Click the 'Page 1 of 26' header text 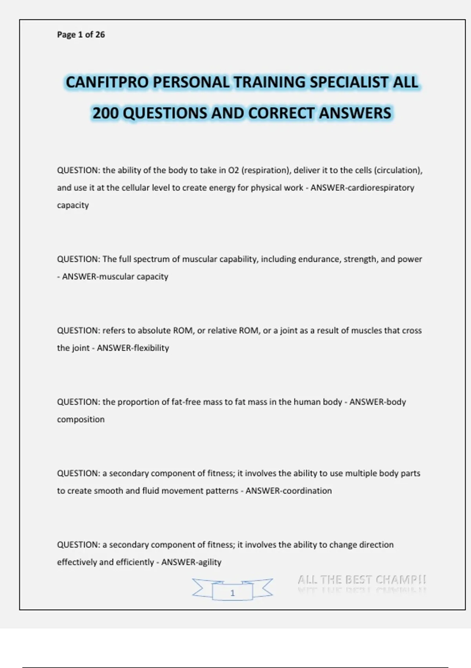[81, 35]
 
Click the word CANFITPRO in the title [107, 83]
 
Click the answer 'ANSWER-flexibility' [133, 348]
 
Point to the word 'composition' [81, 419]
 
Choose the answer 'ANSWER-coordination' [288, 491]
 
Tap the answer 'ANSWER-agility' [191, 562]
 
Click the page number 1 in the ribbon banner [232, 593]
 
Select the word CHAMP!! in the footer [401, 580]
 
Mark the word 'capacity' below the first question [73, 205]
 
